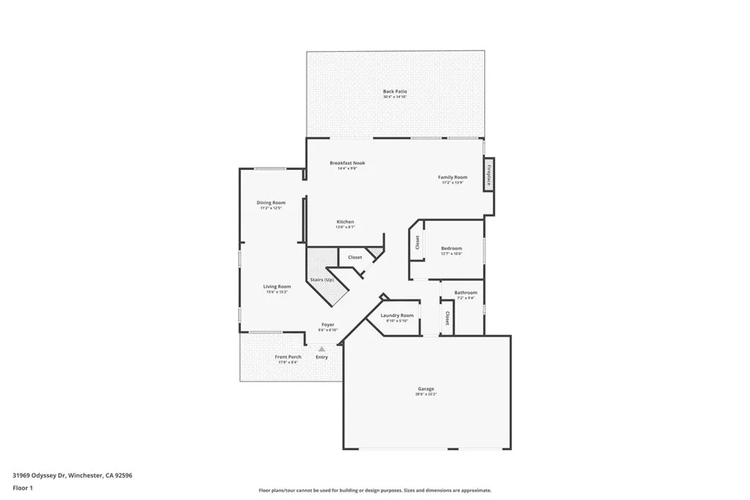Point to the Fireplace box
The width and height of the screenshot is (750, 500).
pos(488,176)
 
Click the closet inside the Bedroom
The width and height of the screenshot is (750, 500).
pos(417,242)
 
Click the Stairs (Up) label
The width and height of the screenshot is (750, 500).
pos(322,280)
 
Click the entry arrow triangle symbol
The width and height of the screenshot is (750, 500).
pos(321,349)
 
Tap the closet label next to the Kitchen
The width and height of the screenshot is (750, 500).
pos(354,257)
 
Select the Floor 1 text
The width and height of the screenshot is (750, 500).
pos(22,488)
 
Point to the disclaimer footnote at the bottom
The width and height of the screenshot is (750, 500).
pos(374,490)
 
